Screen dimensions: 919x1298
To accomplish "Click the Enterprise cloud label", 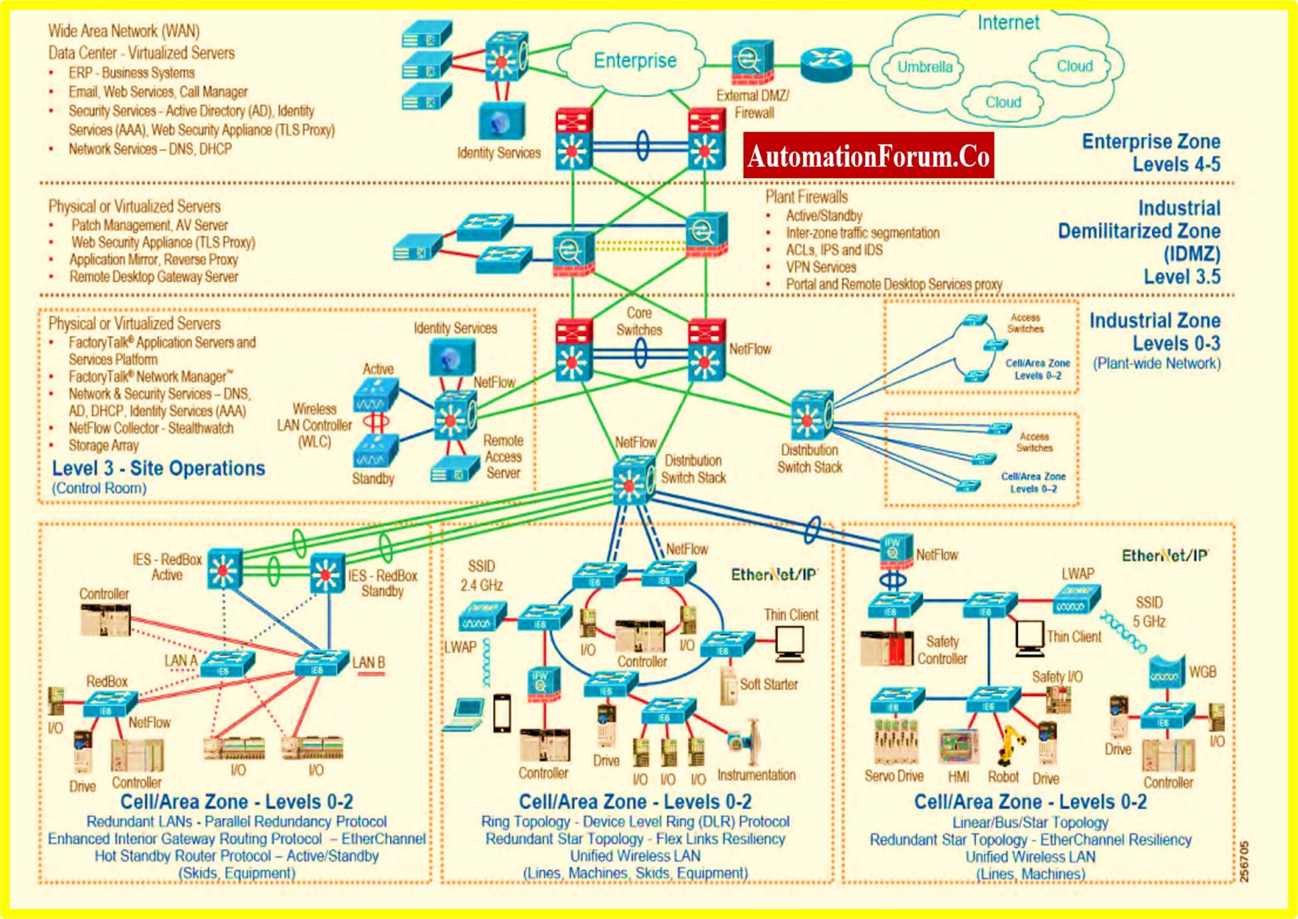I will [x=635, y=61].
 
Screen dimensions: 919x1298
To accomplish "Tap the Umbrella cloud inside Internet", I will [x=925, y=67].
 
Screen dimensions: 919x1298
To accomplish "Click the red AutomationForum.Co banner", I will [x=868, y=156].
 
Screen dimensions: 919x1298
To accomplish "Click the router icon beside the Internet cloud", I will [x=826, y=64].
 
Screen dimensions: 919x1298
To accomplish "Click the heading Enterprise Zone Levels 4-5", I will [x=1151, y=153].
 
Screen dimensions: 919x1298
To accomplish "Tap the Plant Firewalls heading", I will [x=806, y=196].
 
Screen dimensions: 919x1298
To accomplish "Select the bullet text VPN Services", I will [x=821, y=267].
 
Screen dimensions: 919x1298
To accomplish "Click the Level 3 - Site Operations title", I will [x=158, y=469].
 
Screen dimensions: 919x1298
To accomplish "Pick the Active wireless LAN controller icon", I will [x=376, y=394].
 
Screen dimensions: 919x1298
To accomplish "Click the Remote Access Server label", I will [x=503, y=457].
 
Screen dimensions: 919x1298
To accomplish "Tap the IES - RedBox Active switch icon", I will [x=224, y=569].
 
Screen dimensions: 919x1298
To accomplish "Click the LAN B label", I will [x=369, y=663].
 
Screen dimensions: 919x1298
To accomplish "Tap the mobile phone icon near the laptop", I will [x=502, y=714].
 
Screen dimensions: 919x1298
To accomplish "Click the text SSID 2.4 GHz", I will [x=482, y=575].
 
